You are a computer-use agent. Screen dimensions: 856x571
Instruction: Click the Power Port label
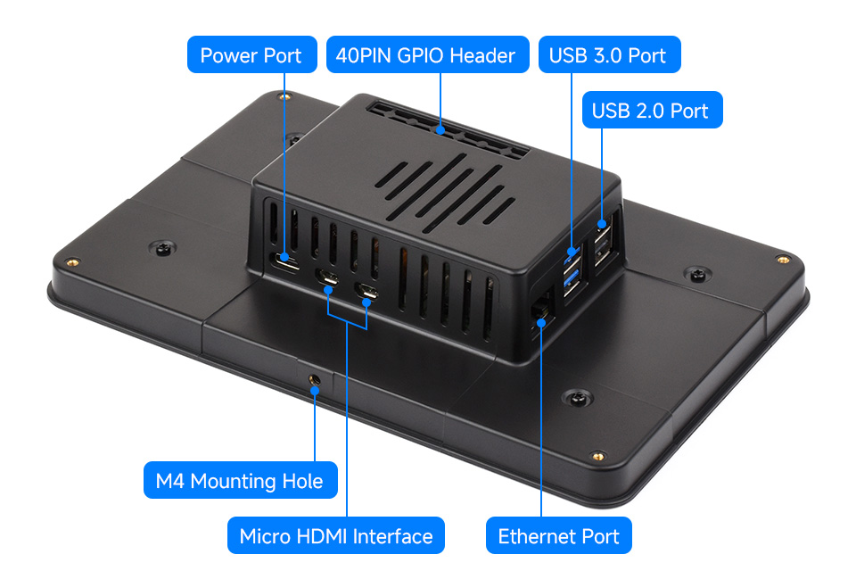pyautogui.click(x=251, y=54)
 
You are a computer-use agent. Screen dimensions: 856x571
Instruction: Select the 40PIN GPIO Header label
pyautogui.click(x=427, y=54)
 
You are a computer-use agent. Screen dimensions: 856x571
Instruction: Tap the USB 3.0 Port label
pyautogui.click(x=609, y=54)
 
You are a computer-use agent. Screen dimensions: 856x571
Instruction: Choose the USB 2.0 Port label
pyautogui.click(x=653, y=110)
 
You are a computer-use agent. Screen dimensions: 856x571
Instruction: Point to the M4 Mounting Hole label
pyautogui.click(x=240, y=480)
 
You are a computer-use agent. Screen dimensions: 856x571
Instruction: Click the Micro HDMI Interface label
pyautogui.click(x=336, y=535)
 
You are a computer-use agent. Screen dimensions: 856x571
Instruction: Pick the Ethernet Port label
pyautogui.click(x=558, y=535)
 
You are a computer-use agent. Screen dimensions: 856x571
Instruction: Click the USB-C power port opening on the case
pyautogui.click(x=285, y=261)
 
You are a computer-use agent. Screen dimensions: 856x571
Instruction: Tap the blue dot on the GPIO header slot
pyautogui.click(x=440, y=130)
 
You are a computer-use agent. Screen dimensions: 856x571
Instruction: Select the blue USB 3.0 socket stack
pyautogui.click(x=572, y=272)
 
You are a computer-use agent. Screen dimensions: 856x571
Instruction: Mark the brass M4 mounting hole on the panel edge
pyautogui.click(x=314, y=378)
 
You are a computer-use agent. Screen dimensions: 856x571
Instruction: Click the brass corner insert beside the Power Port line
pyautogui.click(x=284, y=96)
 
